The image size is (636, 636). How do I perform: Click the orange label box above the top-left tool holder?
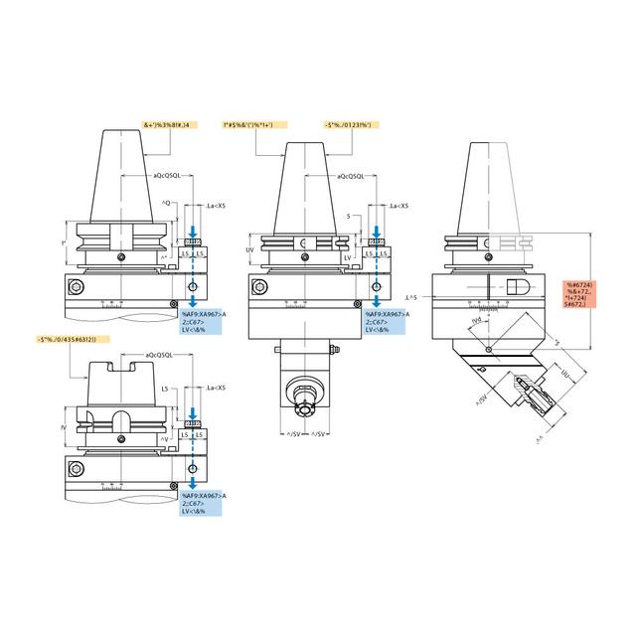click(178, 125)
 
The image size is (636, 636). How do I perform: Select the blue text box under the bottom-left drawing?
click(204, 503)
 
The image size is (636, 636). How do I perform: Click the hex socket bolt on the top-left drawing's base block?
click(75, 288)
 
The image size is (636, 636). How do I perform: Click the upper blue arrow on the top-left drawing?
click(193, 232)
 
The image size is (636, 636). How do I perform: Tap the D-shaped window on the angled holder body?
click(518, 285)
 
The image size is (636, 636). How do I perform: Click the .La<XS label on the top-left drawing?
click(214, 206)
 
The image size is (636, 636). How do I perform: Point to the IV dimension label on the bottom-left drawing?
click(64, 428)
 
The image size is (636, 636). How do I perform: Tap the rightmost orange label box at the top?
click(348, 125)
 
